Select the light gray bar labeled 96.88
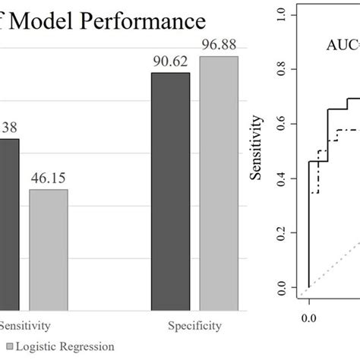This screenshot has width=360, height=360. tap(219, 182)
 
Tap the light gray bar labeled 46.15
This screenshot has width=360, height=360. tap(49, 250)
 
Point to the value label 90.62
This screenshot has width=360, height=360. tap(171, 62)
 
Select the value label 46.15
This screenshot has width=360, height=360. tap(49, 178)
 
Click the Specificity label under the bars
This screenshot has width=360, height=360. tap(195, 326)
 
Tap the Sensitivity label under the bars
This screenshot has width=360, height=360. tap(25, 326)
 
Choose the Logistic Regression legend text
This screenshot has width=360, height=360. tap(65, 346)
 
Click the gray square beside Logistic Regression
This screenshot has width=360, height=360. tap(8, 346)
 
